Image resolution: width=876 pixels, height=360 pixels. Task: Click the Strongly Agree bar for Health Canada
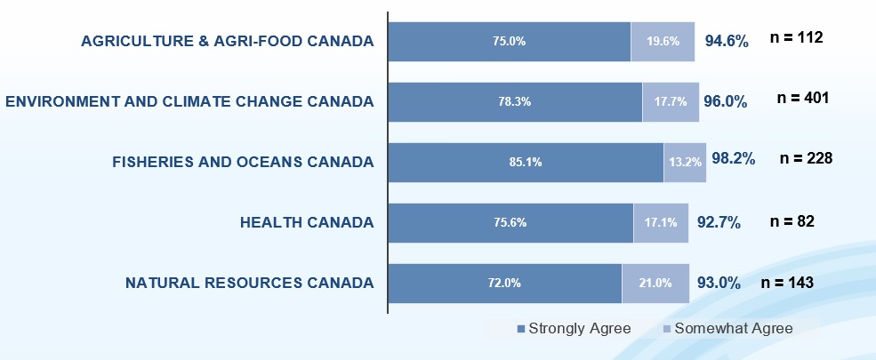510,222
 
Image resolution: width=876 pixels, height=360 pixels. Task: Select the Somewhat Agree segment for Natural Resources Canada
655,284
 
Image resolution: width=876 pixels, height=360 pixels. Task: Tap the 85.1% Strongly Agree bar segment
526,162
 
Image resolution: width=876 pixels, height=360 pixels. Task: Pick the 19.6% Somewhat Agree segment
663,41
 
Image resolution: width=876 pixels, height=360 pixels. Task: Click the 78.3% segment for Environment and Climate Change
515,101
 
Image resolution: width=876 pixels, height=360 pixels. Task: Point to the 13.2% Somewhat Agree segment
685,162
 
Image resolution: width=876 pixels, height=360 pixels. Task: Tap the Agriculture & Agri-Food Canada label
227,41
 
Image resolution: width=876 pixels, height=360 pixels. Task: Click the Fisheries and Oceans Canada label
243,162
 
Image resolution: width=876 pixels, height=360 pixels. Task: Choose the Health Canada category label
307,222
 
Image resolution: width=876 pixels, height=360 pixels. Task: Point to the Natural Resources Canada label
249,284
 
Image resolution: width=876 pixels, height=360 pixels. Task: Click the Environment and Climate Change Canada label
189,101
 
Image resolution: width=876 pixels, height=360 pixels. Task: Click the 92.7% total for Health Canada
719,222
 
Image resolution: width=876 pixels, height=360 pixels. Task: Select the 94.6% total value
727,41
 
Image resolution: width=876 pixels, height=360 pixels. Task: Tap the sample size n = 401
803,98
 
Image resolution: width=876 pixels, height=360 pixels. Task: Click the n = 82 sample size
792,221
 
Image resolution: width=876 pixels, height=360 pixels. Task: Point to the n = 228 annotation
806,158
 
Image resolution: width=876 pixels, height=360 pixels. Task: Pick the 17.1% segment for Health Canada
660,222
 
